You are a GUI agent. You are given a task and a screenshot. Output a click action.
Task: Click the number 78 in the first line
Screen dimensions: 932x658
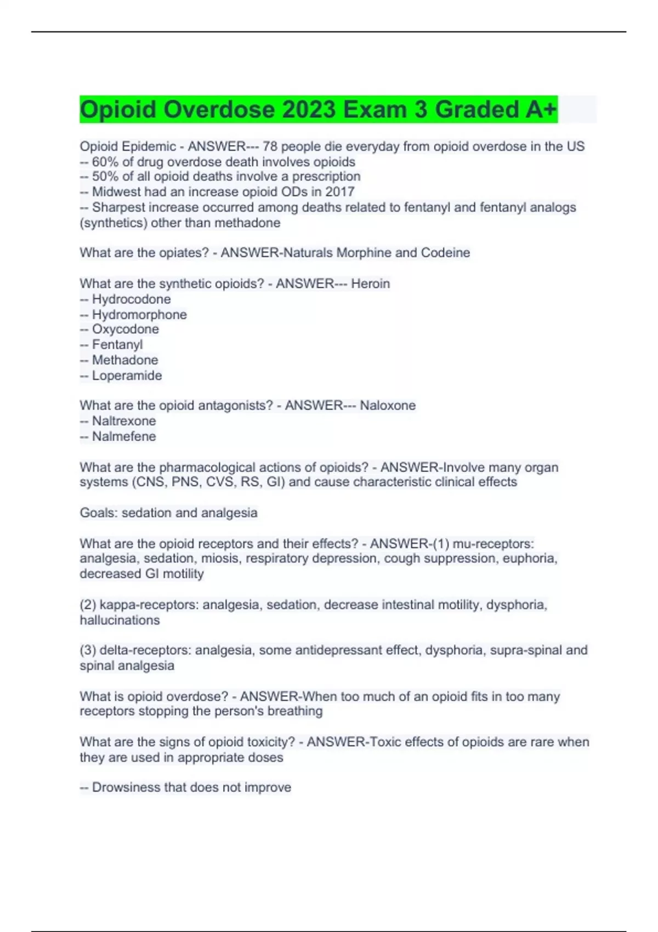tap(270, 146)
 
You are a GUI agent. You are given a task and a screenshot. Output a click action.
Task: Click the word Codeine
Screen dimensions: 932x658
tap(445, 253)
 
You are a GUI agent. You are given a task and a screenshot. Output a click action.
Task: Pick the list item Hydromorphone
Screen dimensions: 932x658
tap(139, 315)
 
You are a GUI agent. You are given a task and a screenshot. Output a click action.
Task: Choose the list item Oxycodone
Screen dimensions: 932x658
tap(126, 329)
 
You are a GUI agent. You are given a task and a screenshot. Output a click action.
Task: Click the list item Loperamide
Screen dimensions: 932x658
tap(127, 376)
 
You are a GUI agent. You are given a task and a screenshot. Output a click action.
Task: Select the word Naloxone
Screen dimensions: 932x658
tap(388, 406)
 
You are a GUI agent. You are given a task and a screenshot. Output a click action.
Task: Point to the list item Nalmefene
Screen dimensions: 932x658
tap(124, 436)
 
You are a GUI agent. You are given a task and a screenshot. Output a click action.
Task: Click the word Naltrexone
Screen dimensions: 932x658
tap(124, 421)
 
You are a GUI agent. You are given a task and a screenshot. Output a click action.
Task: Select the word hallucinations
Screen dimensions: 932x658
tap(120, 620)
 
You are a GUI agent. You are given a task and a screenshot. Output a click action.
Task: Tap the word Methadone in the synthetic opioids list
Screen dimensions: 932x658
tap(125, 360)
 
